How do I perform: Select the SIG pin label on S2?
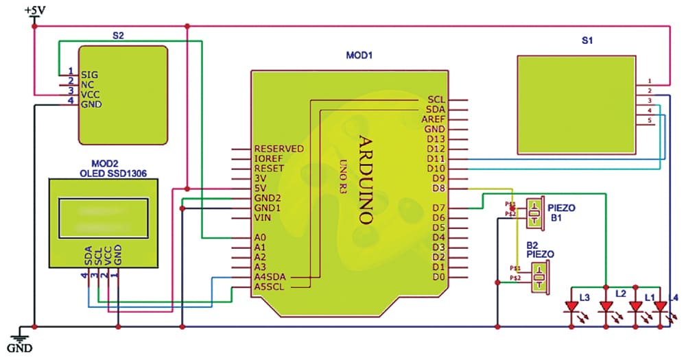point(89,74)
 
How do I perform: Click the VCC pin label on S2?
point(91,94)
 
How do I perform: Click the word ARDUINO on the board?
point(367,179)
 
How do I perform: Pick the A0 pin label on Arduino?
point(259,237)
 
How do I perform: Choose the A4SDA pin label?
point(270,276)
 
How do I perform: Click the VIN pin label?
point(262,217)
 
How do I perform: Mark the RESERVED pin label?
point(278,148)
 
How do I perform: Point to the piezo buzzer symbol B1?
point(534,213)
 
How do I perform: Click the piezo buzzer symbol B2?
point(541,277)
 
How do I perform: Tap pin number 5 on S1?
point(649,121)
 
